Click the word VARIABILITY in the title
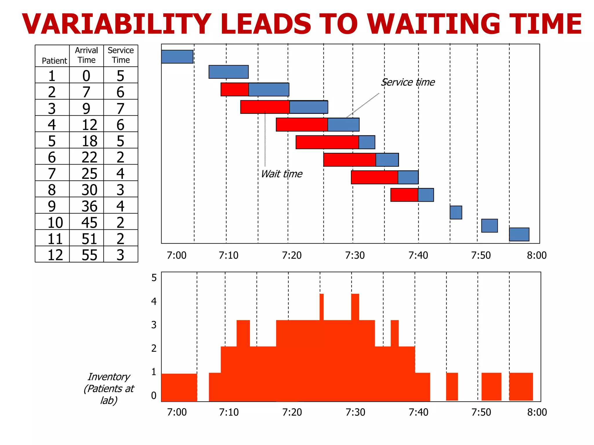(116, 24)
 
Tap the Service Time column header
(121, 55)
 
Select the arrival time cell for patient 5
(86, 141)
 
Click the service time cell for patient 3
(121, 108)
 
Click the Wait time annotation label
(281, 174)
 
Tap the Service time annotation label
(408, 82)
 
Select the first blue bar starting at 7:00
(177, 57)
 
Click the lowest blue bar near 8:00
(519, 234)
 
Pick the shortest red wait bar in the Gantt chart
(404, 195)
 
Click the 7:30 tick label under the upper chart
(355, 255)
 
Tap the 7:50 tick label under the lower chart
(481, 412)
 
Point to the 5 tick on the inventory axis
(154, 278)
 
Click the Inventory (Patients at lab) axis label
(109, 388)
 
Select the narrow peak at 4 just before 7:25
(321, 307)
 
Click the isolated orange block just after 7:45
(452, 386)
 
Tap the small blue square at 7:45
(456, 212)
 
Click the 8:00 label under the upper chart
(537, 255)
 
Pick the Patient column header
(54, 61)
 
